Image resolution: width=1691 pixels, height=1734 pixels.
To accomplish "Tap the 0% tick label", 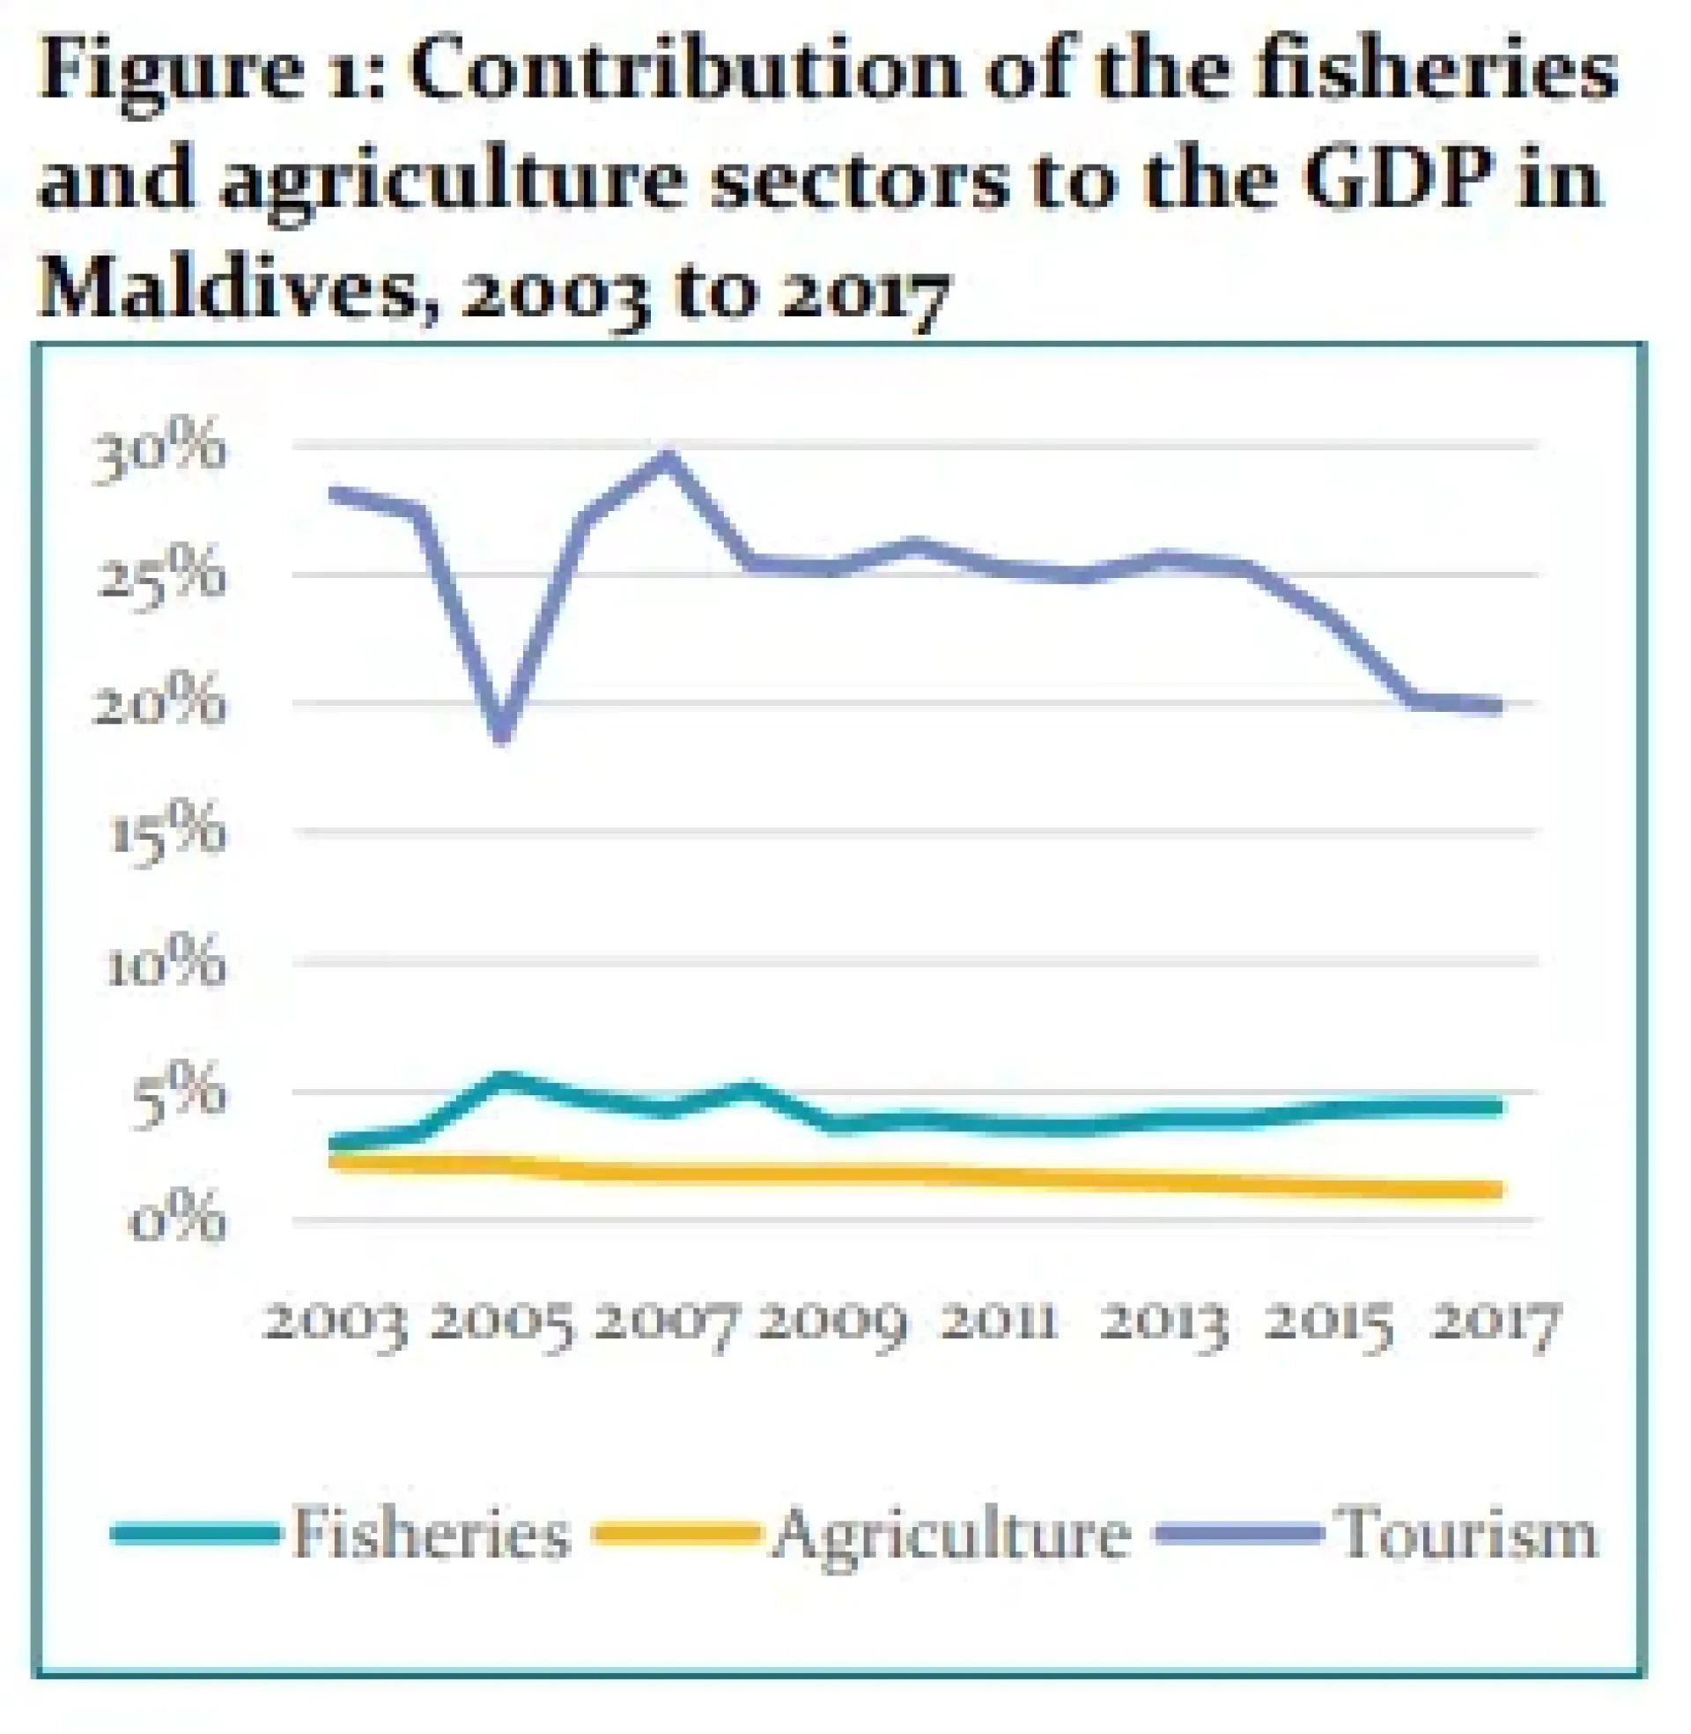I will [178, 1221].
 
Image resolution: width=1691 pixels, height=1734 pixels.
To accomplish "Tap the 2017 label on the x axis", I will [1498, 1324].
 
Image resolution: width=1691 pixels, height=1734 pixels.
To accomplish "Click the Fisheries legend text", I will [431, 1532].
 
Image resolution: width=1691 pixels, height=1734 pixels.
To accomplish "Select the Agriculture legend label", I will [951, 1534].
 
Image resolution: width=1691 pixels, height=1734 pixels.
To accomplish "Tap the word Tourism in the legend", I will [1468, 1532].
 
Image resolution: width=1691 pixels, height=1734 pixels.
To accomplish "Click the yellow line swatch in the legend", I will [676, 1532].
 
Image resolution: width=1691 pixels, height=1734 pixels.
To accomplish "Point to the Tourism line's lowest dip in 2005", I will [503, 734].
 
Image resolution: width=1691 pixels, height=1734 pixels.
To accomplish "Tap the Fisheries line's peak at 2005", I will [503, 1079].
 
